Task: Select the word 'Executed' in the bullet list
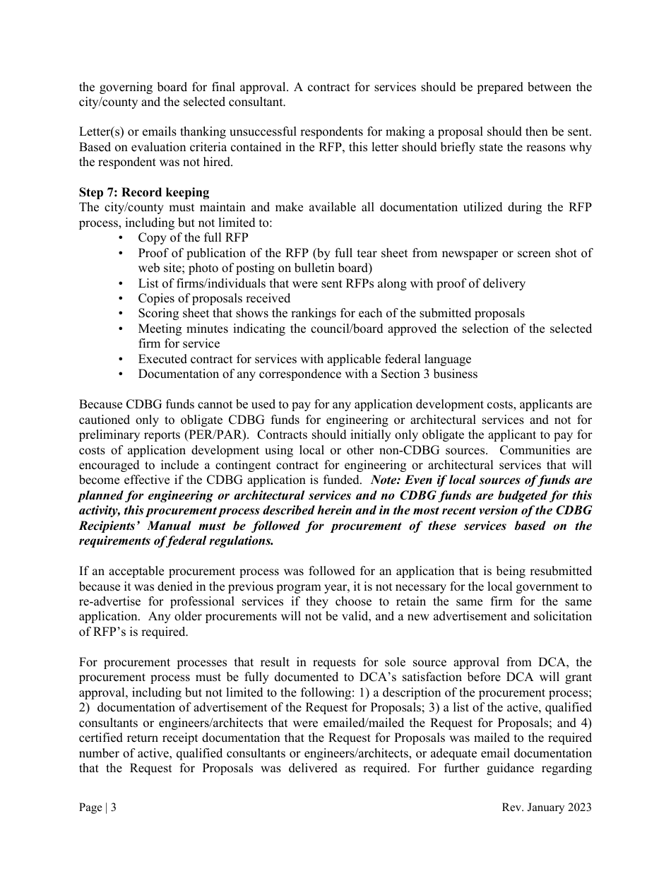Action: point(162,359)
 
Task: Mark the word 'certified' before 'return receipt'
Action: point(102,738)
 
